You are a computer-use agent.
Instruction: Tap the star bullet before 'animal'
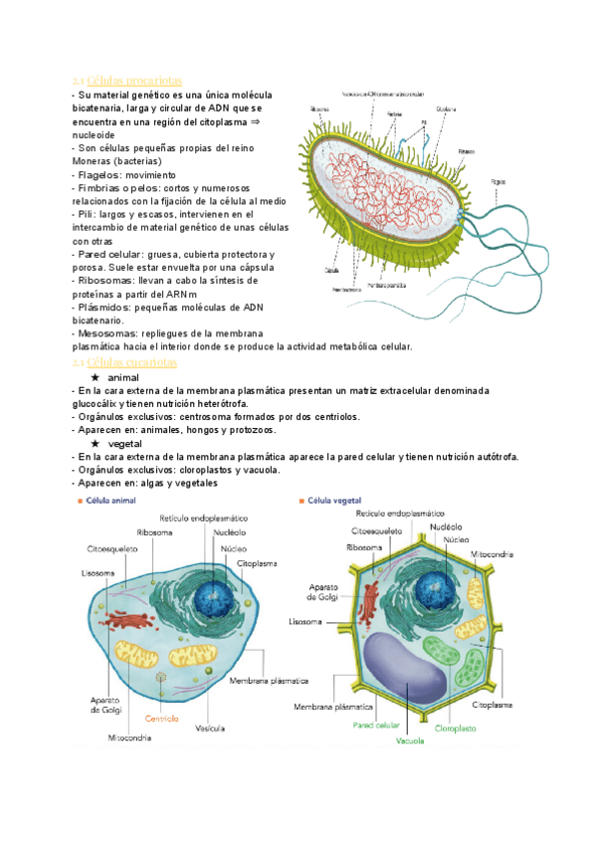point(95,379)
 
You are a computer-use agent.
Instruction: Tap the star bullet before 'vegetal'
point(95,443)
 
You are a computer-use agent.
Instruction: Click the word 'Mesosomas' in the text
point(106,333)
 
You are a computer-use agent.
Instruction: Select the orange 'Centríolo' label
point(162,717)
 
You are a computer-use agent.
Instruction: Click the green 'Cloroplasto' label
point(455,728)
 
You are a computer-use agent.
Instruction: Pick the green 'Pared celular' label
point(376,726)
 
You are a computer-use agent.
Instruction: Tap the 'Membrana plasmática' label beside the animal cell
point(269,682)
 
